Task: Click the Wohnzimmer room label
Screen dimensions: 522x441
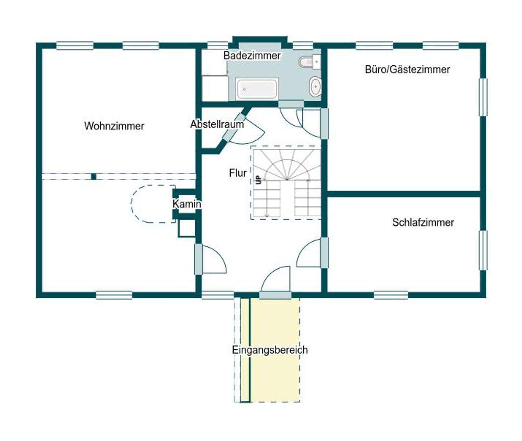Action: click(114, 126)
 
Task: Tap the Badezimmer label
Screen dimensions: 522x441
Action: click(252, 55)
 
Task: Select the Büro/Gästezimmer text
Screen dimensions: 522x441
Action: click(407, 69)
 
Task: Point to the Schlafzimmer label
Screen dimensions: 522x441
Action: click(423, 222)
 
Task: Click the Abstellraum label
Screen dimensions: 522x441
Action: click(217, 124)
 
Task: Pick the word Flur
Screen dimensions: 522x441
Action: click(238, 173)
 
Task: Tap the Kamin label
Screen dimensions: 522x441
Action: click(187, 204)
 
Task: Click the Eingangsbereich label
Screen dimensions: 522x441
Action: click(270, 350)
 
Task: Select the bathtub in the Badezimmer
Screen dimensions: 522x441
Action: click(257, 89)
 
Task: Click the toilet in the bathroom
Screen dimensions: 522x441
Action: click(306, 62)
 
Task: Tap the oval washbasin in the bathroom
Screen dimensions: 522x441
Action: click(315, 86)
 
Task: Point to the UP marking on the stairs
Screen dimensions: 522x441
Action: click(259, 180)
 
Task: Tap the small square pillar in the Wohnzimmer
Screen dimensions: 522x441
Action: click(94, 177)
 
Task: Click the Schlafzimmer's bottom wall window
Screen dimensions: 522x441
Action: click(391, 295)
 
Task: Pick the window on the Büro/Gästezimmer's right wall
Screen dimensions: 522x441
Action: click(483, 97)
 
